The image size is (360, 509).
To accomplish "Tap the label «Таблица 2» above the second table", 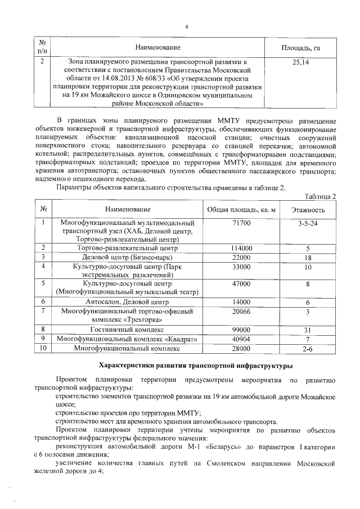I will (x=319, y=196).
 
